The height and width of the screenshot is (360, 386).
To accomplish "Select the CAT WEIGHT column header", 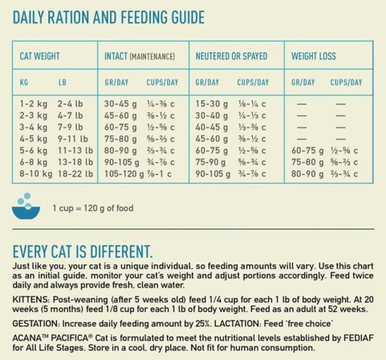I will (39, 56).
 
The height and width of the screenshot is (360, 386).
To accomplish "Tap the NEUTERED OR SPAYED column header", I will (231, 56).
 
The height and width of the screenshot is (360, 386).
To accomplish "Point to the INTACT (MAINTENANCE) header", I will (140, 56).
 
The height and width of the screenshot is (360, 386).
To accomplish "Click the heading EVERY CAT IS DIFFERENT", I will (81, 251).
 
